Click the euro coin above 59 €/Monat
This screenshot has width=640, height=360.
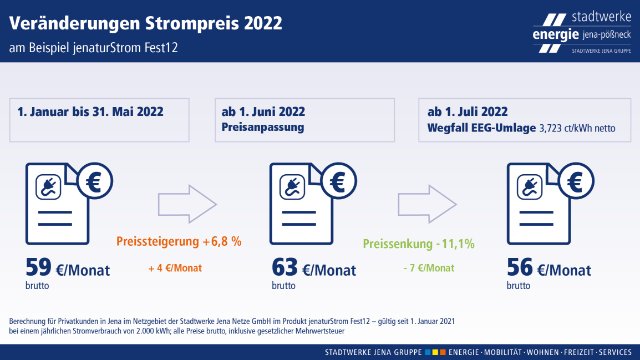click(96, 180)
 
